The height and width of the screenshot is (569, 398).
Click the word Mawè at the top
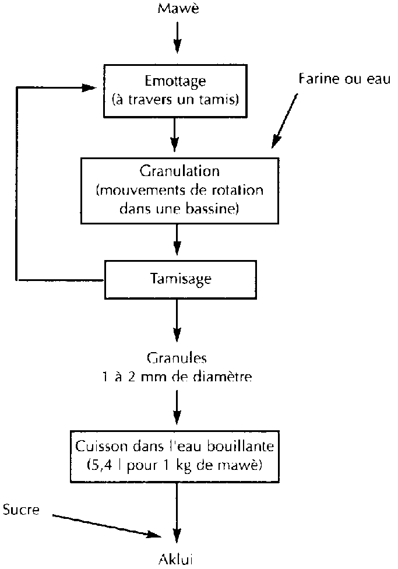tap(177, 9)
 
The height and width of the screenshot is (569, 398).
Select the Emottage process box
tap(177, 89)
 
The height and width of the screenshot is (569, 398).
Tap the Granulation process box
tap(177, 190)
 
